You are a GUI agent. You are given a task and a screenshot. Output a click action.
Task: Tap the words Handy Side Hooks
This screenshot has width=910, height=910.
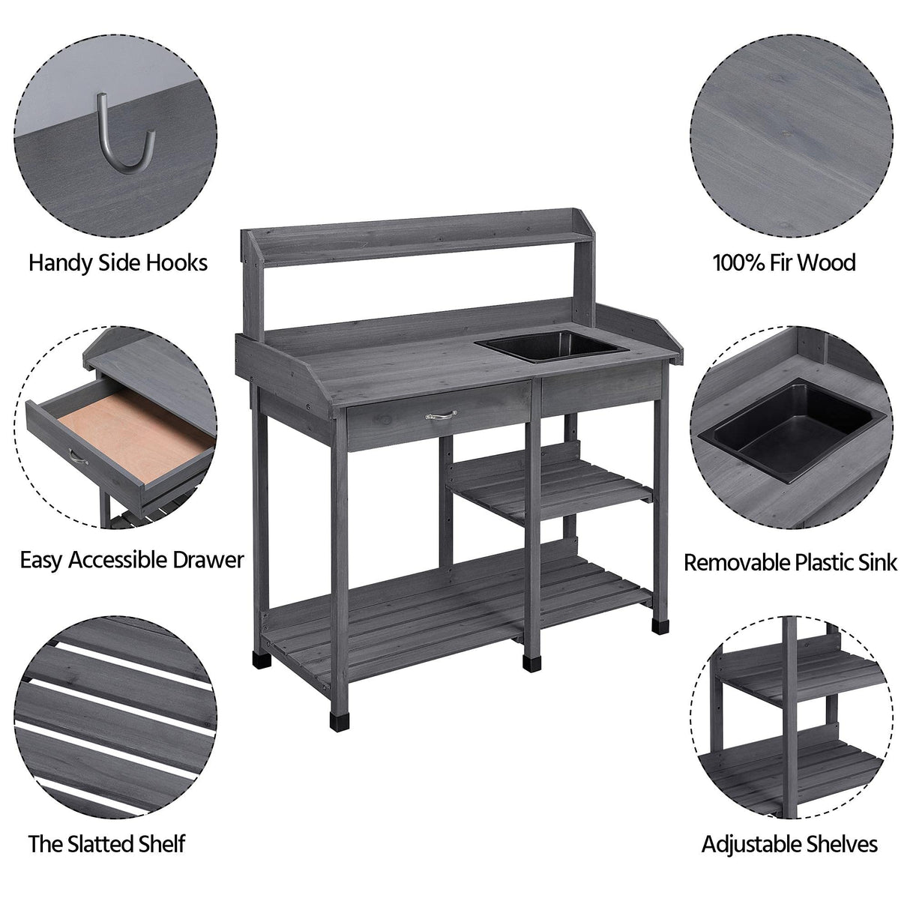[x=118, y=263]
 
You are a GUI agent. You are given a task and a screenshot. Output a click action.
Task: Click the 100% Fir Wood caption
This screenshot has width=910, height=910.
[x=784, y=263]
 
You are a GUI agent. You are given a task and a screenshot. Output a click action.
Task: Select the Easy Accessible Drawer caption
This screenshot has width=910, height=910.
[x=132, y=560]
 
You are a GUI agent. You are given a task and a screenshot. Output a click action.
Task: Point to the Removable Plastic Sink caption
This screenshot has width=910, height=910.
[x=790, y=562]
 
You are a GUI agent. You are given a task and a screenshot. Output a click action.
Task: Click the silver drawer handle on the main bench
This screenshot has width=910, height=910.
[x=439, y=413]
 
